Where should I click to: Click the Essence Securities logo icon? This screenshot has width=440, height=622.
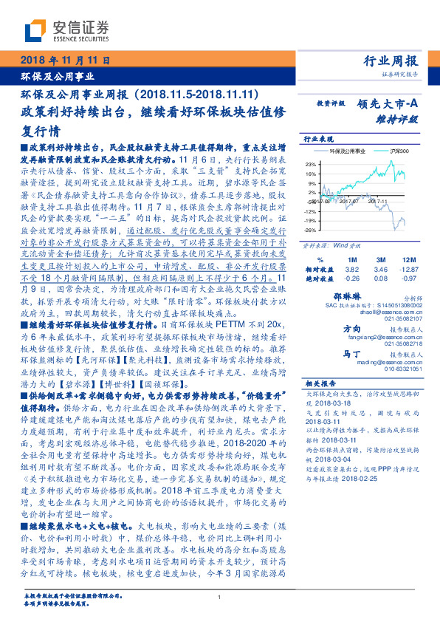(x=32, y=30)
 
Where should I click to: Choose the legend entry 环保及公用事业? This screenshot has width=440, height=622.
(x=348, y=151)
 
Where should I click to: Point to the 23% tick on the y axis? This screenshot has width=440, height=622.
(x=312, y=163)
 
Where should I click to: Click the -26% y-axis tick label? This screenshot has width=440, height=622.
(x=311, y=230)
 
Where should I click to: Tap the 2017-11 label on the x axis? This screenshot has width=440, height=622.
(x=378, y=199)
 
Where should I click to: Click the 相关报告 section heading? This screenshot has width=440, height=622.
(x=320, y=383)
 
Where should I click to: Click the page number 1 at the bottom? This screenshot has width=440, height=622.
(x=219, y=598)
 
